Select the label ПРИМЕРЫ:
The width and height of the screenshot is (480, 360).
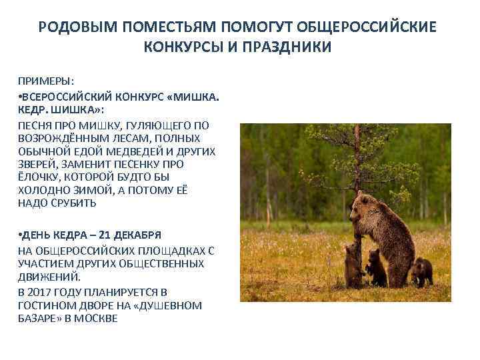[46, 81]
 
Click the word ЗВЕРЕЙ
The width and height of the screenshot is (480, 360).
[37, 163]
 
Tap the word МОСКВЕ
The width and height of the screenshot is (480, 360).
[97, 318]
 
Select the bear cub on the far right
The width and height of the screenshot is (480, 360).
[421, 271]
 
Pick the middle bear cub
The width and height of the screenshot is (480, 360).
[376, 265]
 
